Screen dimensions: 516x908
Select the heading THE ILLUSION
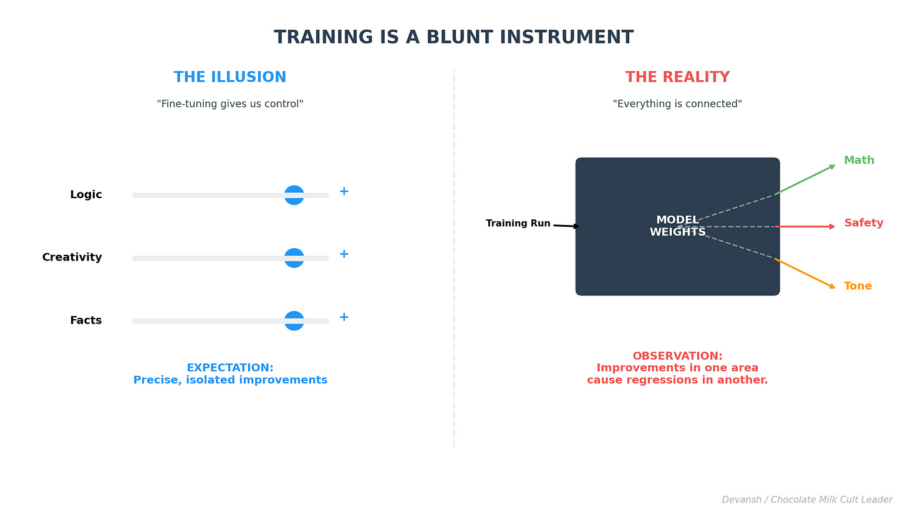click(x=230, y=78)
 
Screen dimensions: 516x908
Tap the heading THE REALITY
click(x=677, y=78)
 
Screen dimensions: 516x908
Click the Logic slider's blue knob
click(x=294, y=195)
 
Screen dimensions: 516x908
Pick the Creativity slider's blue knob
click(x=294, y=258)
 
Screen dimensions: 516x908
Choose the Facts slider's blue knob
click(x=294, y=321)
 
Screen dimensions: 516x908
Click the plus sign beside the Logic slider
click(x=344, y=191)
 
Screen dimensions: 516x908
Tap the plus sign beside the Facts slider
click(x=344, y=317)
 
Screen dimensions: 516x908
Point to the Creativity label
click(x=72, y=258)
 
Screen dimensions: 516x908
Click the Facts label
click(x=85, y=321)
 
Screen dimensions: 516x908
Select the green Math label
click(x=859, y=161)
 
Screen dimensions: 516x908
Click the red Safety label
click(x=863, y=223)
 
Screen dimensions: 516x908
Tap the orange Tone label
click(x=857, y=287)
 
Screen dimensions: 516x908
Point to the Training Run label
click(x=518, y=224)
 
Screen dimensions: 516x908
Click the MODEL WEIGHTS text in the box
click(x=677, y=226)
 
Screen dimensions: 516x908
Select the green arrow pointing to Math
click(x=804, y=180)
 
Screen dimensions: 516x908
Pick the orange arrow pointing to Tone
click(x=804, y=274)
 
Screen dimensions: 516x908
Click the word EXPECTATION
click(x=230, y=368)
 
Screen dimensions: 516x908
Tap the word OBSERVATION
click(x=677, y=356)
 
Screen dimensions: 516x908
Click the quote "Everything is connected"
click(x=677, y=104)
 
